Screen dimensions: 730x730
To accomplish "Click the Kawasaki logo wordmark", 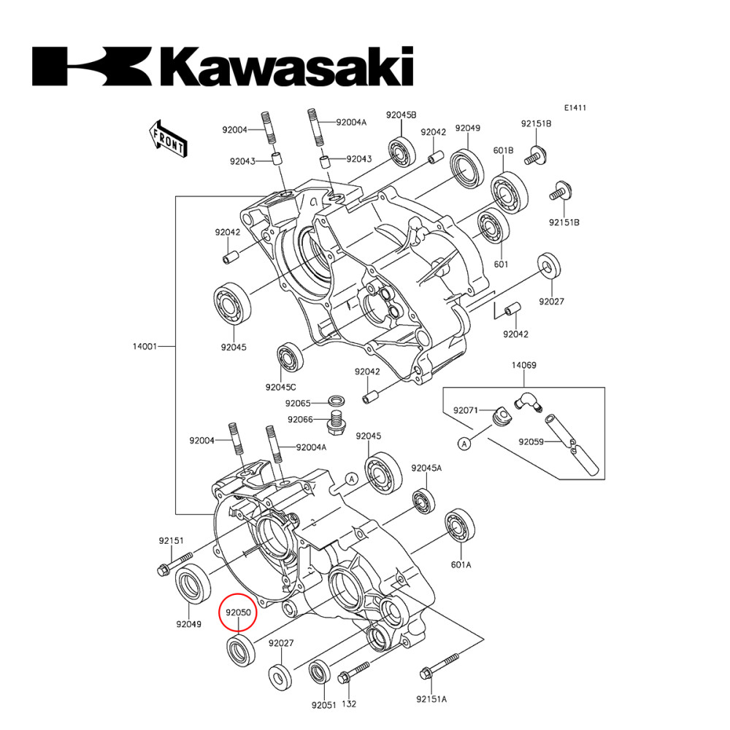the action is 223,66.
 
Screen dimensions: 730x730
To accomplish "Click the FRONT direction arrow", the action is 169,139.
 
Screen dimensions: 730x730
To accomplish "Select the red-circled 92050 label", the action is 239,612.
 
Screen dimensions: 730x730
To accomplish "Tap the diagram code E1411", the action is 575,107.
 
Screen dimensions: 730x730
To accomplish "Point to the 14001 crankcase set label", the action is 145,346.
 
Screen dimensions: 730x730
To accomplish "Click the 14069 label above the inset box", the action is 523,365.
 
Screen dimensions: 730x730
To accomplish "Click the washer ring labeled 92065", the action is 337,400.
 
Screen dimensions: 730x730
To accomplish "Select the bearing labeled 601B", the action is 510,191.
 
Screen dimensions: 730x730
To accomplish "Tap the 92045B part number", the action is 401,115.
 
